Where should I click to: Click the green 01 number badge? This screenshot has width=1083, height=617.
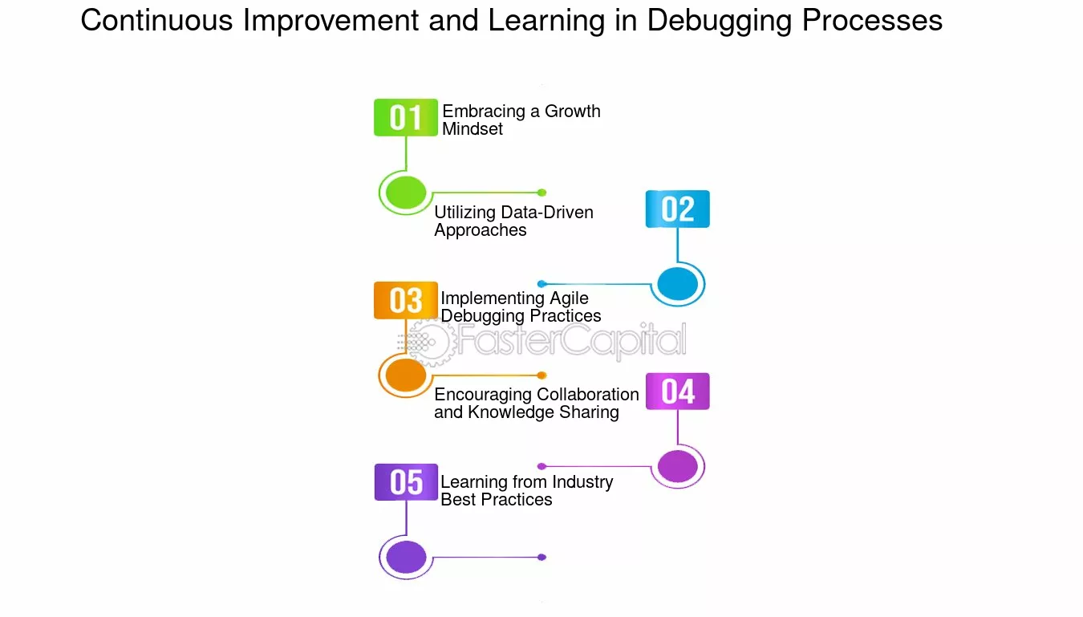click(406, 117)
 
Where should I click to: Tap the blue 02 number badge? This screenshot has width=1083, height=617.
click(677, 209)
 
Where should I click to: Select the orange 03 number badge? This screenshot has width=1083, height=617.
click(406, 300)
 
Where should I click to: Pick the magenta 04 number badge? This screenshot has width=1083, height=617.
click(677, 392)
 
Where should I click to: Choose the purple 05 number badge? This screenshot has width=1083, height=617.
click(406, 482)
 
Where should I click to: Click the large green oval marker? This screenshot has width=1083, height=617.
click(406, 193)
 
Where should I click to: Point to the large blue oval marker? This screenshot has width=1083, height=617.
click(677, 284)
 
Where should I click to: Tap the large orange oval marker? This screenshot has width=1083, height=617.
click(406, 375)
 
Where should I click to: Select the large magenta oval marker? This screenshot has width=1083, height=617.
click(677, 466)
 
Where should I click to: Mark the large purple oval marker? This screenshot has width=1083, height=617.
click(406, 557)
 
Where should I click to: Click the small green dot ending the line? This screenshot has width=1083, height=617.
click(542, 193)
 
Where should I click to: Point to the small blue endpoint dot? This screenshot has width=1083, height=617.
click(542, 284)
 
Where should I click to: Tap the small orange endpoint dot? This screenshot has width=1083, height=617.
click(542, 375)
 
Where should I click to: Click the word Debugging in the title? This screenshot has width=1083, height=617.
click(720, 22)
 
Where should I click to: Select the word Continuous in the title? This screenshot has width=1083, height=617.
click(156, 20)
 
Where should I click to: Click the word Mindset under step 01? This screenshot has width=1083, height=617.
click(473, 129)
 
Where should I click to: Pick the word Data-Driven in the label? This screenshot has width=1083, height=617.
click(547, 213)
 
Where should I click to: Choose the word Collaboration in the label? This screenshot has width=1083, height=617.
click(587, 395)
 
